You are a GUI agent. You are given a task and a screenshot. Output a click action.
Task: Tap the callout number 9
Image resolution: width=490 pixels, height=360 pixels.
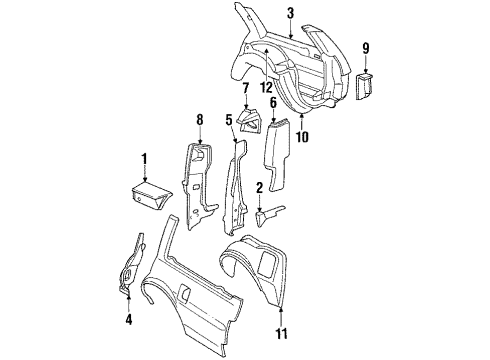(x=365, y=47)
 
